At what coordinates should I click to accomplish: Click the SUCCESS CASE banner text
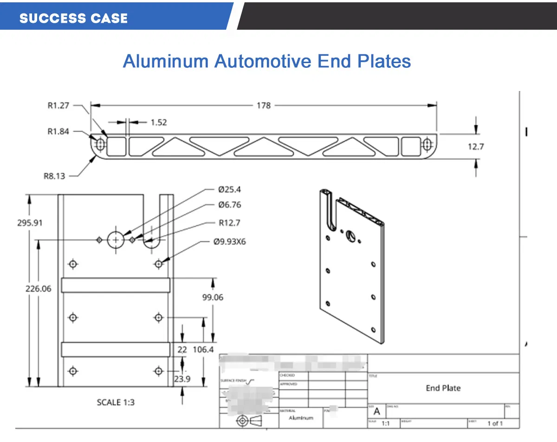73,18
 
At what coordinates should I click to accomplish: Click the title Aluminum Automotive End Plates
267,61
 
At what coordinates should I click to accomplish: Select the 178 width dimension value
263,105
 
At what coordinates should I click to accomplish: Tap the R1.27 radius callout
58,105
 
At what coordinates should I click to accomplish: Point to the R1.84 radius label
58,131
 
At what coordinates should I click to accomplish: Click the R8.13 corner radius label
54,176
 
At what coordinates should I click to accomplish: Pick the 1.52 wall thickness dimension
158,123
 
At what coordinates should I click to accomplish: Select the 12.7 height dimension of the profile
475,147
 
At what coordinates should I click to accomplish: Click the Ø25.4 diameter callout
229,189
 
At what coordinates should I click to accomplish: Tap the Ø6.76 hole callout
229,205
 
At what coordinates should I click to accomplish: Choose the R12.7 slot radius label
229,223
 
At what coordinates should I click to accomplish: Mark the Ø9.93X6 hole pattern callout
229,242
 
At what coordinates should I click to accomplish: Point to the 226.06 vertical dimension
38,288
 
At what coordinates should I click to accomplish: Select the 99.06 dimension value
212,297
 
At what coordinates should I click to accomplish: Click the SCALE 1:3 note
116,402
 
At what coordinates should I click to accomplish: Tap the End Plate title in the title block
443,388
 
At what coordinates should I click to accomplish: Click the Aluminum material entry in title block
301,418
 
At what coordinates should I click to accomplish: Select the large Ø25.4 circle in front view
116,240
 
